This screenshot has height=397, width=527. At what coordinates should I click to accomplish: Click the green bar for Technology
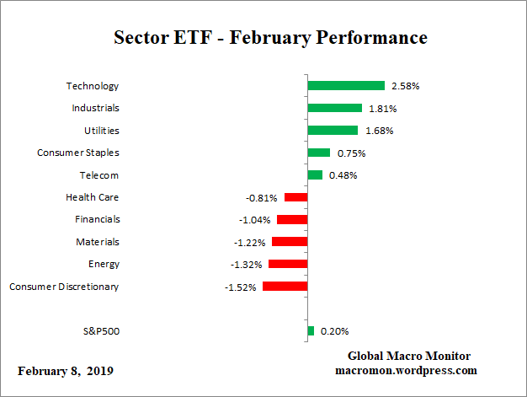click(x=346, y=86)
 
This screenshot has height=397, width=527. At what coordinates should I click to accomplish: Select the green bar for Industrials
click(x=334, y=108)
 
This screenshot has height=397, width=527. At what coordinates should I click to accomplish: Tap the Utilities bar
click(x=333, y=130)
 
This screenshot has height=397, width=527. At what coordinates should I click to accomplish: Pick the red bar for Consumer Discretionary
click(x=285, y=287)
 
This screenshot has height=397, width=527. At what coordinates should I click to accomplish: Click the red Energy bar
click(x=288, y=264)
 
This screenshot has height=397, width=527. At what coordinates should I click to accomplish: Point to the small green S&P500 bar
click(x=311, y=331)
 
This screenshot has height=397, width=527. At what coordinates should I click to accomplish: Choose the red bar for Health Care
click(x=295, y=197)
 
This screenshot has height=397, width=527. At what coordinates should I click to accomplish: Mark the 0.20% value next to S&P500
click(x=334, y=331)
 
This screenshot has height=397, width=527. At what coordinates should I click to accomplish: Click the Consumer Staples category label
click(x=77, y=153)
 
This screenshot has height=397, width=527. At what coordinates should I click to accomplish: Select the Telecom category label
click(x=98, y=174)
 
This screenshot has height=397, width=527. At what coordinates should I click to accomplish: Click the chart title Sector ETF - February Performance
click(x=270, y=38)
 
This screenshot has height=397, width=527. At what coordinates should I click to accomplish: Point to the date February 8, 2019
click(x=66, y=371)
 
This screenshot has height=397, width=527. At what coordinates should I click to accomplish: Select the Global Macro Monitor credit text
click(x=409, y=356)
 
